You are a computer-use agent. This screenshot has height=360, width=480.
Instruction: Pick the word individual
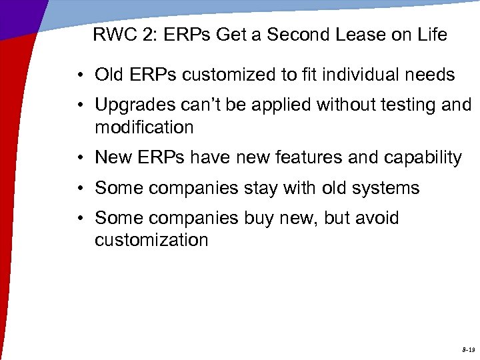tap(362, 75)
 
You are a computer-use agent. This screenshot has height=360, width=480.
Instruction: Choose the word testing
tap(397, 105)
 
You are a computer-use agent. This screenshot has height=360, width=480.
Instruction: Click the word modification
tap(144, 127)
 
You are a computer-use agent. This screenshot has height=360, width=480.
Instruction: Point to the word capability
tap(423, 158)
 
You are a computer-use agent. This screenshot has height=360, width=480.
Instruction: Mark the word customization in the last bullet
tap(151, 239)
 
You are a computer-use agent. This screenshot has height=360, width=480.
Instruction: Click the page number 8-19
tap(467, 349)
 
